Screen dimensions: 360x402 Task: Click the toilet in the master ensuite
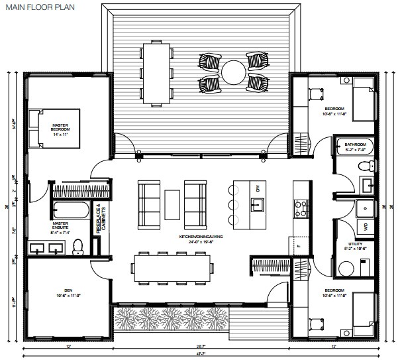(77, 246)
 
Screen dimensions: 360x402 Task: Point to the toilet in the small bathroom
(362, 165)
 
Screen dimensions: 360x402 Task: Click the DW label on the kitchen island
(259, 190)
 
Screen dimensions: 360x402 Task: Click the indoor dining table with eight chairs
(176, 267)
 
